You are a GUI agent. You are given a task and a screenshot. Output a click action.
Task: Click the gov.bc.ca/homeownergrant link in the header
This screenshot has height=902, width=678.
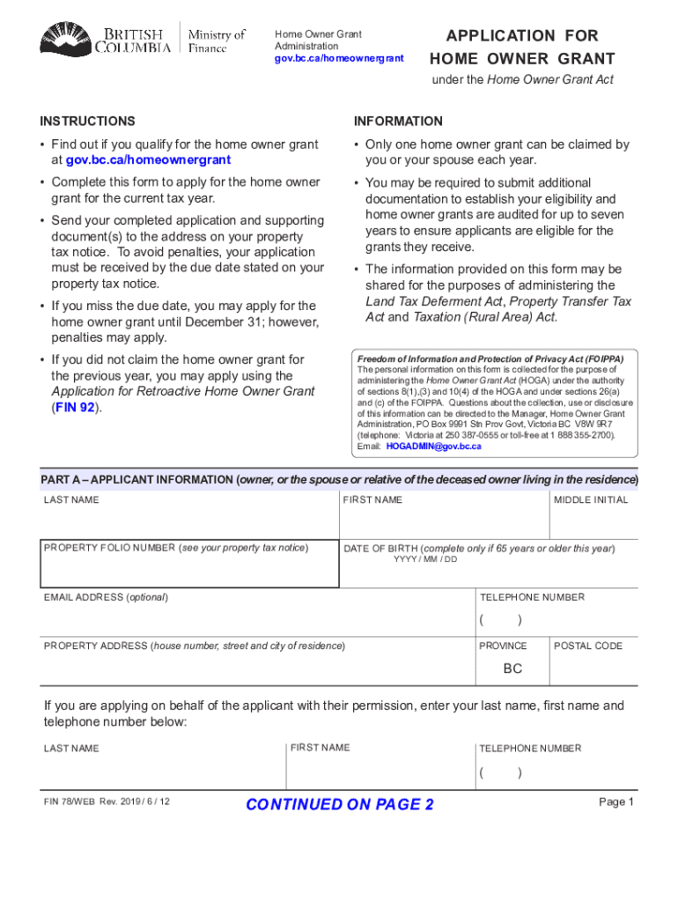pos(339,58)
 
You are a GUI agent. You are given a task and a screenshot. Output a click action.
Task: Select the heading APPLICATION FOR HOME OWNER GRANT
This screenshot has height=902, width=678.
pos(522,48)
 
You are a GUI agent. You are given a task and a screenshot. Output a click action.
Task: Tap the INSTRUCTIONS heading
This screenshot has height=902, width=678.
pos(88,122)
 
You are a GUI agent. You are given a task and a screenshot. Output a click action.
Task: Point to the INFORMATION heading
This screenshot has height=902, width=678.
pos(398,122)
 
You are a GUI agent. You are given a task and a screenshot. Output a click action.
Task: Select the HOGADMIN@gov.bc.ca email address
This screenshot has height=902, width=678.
pos(433,447)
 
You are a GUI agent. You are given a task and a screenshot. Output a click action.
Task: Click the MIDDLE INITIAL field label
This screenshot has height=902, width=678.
pos(591,500)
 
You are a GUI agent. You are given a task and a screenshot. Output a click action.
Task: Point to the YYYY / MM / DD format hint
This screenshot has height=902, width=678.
pos(425,560)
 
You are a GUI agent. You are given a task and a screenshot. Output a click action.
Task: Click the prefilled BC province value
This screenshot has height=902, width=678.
pos(512,669)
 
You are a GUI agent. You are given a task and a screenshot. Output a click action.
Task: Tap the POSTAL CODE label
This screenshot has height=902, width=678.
pos(587,646)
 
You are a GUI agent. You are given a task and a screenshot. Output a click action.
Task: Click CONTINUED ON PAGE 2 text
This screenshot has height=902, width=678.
pos(340,804)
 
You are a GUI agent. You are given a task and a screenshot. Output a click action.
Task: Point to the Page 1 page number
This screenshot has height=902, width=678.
pos(616,802)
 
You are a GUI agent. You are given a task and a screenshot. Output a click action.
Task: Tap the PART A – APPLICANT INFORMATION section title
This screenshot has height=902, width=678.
pos(137,480)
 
